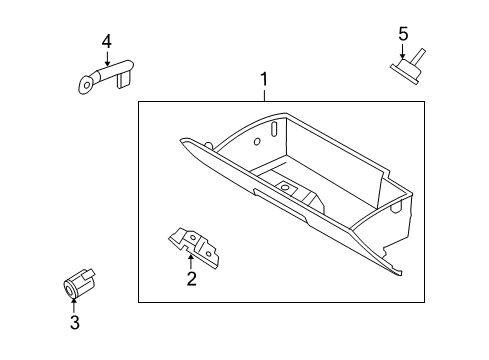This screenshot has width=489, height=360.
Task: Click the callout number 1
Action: pos(264,79)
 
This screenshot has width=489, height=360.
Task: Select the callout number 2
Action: pos(192,279)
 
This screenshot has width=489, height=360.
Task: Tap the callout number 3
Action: pos(75,322)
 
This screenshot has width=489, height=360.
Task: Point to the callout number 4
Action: pos(107,42)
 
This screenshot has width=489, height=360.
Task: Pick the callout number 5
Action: pos(403,34)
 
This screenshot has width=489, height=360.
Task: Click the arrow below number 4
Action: pos(107,57)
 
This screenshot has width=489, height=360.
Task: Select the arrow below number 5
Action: pos(403,51)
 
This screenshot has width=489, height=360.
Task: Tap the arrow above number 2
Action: pos(191,262)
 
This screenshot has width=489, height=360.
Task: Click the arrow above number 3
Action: pos(74,306)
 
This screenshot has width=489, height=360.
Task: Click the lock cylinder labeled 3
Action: pos(79,284)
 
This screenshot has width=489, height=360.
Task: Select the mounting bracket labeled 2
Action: pos(194,247)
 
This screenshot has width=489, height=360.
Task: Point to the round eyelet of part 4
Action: pos(86,85)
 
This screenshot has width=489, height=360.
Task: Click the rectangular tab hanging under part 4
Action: pos(124,80)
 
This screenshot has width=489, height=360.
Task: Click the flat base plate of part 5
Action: pos(404,74)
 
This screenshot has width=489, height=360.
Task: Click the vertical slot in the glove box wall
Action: pos(274,129)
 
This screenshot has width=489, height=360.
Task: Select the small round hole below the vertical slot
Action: pos(257,142)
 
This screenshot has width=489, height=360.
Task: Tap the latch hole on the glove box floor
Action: pos(285,187)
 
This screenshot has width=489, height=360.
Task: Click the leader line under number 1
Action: pos(264,94)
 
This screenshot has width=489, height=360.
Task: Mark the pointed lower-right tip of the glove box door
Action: pos(401,275)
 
